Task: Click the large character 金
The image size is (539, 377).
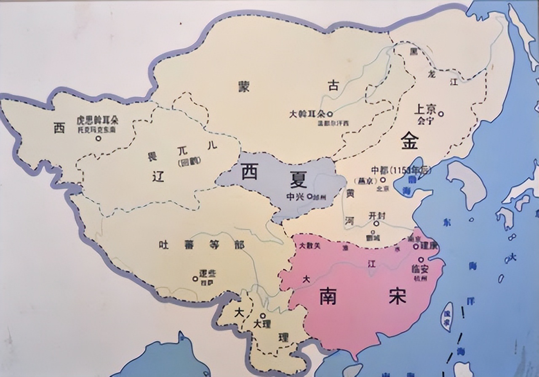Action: (409, 141)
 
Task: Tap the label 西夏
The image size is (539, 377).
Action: (274, 176)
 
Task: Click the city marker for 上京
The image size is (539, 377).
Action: (441, 114)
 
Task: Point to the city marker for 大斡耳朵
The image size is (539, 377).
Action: (330, 114)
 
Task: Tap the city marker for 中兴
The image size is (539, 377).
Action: (310, 196)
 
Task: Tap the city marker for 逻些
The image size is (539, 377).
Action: (195, 278)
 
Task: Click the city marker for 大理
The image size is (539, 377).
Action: (263, 315)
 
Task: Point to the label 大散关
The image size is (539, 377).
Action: (309, 246)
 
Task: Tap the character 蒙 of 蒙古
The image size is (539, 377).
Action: (243, 86)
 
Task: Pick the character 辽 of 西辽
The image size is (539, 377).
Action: (157, 178)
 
